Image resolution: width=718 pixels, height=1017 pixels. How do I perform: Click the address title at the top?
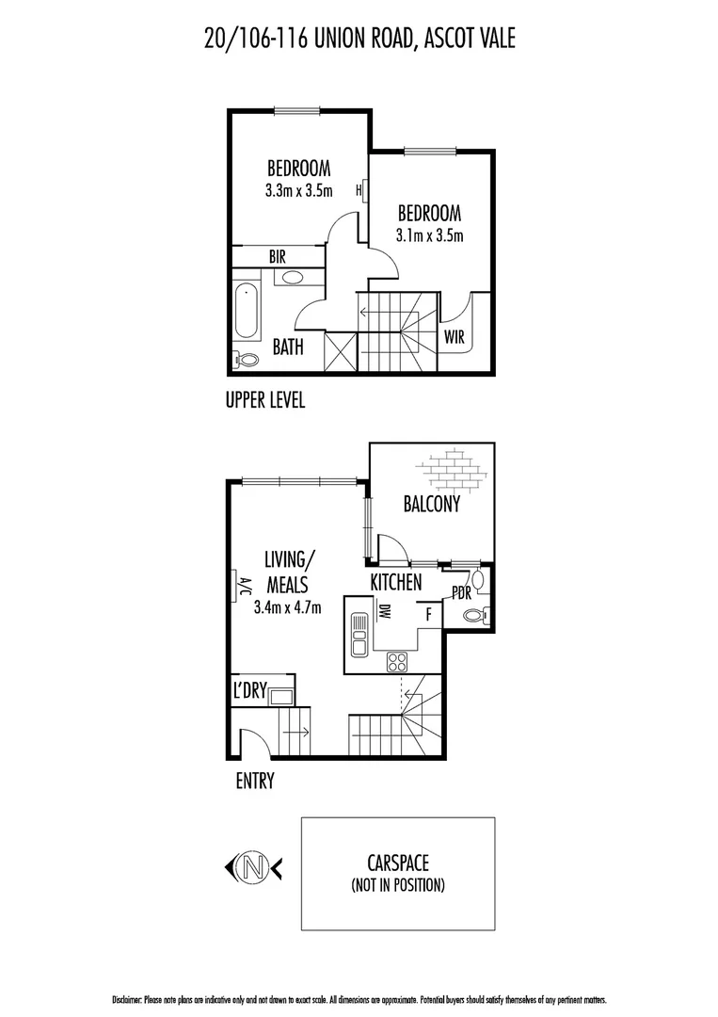point(359,39)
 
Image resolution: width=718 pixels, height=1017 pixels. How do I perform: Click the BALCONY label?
point(432,505)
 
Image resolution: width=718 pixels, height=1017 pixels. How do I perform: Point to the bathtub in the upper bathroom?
point(247,311)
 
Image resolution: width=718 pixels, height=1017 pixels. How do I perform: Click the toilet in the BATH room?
point(248,359)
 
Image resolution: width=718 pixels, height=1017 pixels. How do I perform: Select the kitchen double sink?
point(358,634)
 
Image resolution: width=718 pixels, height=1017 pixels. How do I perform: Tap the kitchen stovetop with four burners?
point(397,661)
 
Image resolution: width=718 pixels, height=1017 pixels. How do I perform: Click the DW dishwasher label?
point(385,613)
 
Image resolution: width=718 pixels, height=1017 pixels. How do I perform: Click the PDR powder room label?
point(461,594)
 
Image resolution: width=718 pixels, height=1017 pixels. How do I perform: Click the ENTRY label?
point(254,781)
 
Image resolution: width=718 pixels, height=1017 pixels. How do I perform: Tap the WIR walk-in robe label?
point(454,338)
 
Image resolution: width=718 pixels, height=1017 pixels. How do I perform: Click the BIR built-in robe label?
point(278,256)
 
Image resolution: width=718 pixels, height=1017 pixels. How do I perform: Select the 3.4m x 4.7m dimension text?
point(288,607)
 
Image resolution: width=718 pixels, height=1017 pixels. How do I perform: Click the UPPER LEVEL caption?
point(265,401)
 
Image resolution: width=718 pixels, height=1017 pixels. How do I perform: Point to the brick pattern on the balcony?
point(455,468)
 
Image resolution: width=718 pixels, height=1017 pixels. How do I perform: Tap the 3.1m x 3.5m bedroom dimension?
point(430,235)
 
